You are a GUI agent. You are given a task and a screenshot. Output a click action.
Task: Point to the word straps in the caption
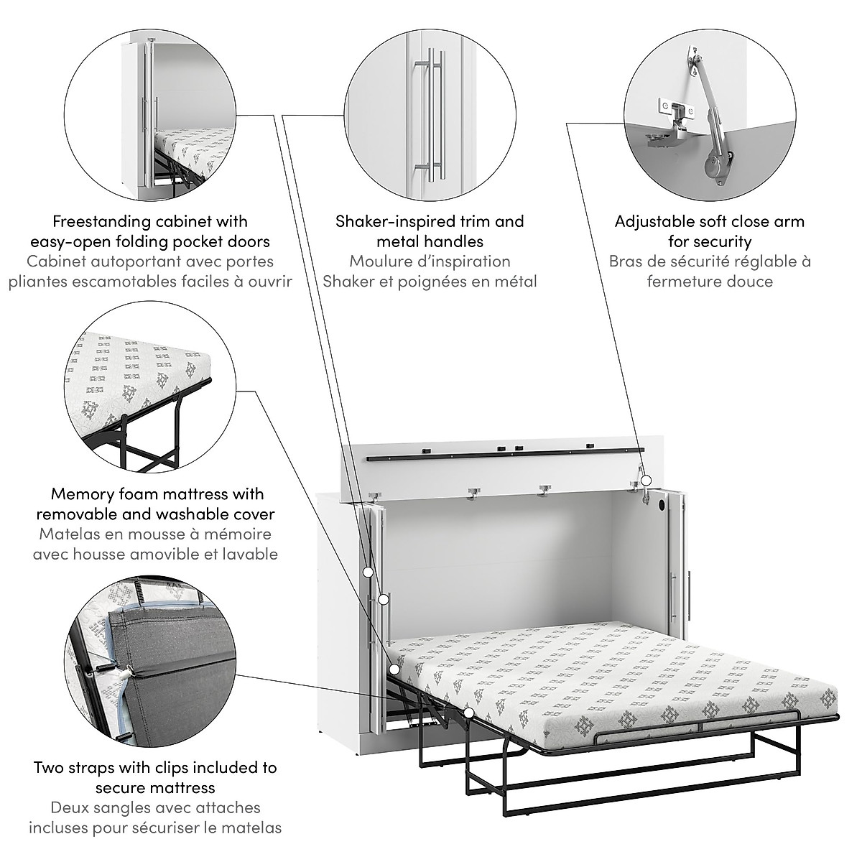(x=98, y=767)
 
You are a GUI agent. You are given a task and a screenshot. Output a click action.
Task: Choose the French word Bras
(x=625, y=261)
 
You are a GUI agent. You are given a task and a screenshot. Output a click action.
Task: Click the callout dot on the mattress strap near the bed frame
(x=469, y=713)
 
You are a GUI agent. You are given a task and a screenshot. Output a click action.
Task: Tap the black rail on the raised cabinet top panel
(x=503, y=455)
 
